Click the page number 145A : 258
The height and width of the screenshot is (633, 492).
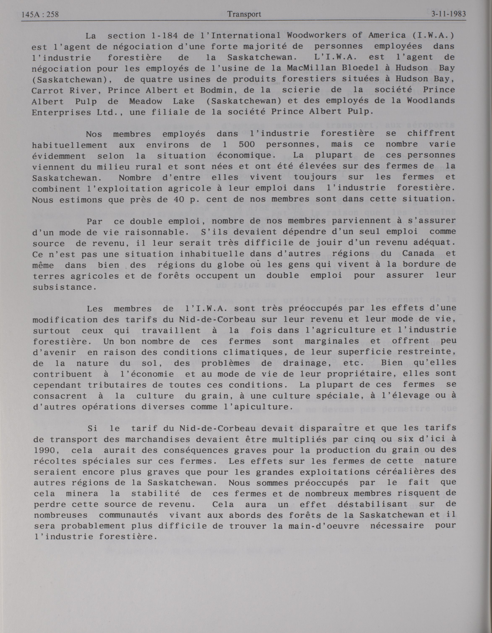tap(40, 14)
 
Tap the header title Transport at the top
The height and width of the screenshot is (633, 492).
tap(244, 14)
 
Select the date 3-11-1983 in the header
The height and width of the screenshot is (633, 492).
tap(449, 14)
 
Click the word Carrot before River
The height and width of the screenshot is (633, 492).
tap(47, 91)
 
